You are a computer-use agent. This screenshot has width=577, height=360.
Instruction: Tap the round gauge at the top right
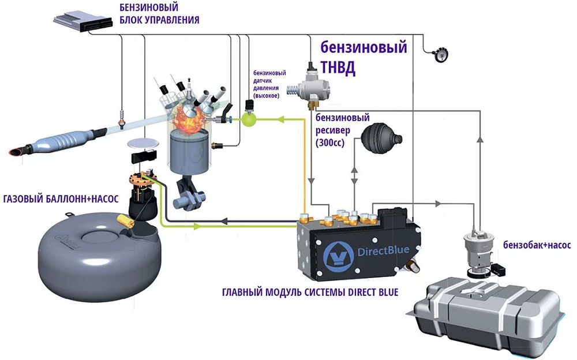(440, 54)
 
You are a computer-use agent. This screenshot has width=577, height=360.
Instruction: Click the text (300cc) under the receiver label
(330, 142)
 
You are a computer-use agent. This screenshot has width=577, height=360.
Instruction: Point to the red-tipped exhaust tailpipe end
(16, 152)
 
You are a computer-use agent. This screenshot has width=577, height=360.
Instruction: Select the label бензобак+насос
(537, 245)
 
